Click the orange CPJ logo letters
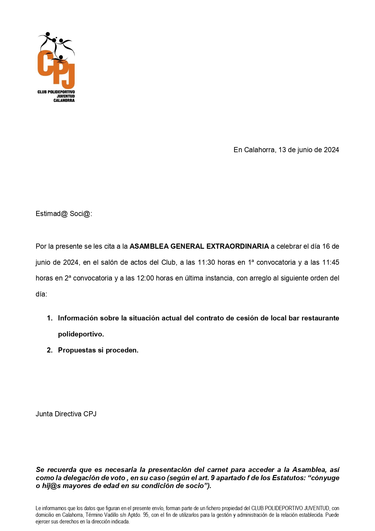point(56,68)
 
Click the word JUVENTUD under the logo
point(66,96)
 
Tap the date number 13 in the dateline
point(282,150)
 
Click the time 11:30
point(206,262)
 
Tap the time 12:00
point(145,278)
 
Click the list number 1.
point(49,318)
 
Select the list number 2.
point(49,350)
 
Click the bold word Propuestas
point(77,350)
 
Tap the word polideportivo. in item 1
point(81,334)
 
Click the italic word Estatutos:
point(287,478)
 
